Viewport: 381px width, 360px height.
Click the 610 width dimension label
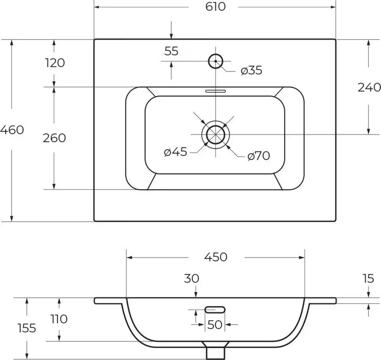(216, 7)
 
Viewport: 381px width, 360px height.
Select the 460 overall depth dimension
(12, 130)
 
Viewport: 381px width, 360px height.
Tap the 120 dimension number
(55, 63)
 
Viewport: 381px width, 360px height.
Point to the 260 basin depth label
(54, 138)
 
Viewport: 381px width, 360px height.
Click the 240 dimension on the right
(369, 88)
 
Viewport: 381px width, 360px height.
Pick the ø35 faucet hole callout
(251, 70)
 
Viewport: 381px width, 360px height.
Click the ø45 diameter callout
(176, 152)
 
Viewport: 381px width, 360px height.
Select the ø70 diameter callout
(258, 156)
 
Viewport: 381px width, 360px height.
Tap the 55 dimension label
(171, 51)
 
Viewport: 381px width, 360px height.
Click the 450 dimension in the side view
(216, 257)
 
